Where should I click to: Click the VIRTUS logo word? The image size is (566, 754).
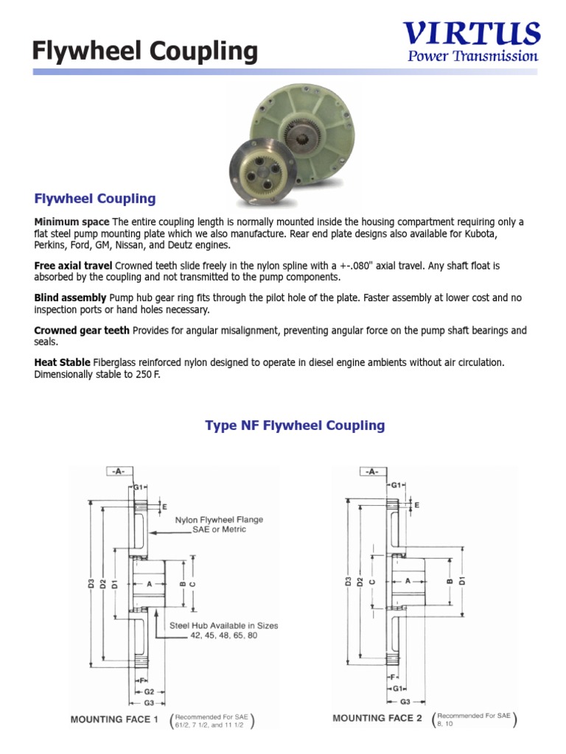coord(472,34)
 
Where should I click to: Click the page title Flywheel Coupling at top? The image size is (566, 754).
coord(145,52)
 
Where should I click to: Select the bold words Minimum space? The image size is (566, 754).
coord(71,222)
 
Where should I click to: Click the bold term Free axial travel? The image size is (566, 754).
coord(73,265)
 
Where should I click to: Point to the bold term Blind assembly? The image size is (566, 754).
coord(70,298)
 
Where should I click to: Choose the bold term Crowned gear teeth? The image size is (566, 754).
coord(82,331)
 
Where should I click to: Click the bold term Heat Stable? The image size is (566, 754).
coord(62,363)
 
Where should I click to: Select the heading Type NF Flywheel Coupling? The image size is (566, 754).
coord(295,426)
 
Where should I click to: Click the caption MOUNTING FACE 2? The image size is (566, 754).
coord(377,718)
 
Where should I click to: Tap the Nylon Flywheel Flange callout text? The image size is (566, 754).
coord(219,524)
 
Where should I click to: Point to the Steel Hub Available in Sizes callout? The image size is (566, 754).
coord(224,630)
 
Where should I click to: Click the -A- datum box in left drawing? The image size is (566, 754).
coord(118,471)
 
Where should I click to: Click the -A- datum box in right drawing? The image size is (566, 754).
coord(372,471)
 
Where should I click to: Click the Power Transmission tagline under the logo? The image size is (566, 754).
coord(472,57)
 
